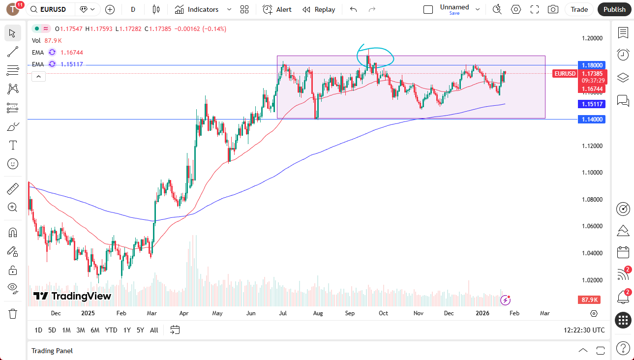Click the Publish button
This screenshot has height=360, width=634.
(x=614, y=9)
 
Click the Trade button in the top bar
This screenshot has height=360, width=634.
(x=579, y=9)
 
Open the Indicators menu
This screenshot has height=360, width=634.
(x=203, y=9)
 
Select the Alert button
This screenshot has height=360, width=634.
(x=277, y=9)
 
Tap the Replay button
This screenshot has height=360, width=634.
(x=319, y=9)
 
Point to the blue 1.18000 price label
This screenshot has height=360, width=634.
(x=592, y=65)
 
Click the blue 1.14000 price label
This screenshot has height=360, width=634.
(x=592, y=119)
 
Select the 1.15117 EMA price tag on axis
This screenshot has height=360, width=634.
(x=592, y=104)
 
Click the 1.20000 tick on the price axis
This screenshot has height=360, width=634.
(x=592, y=38)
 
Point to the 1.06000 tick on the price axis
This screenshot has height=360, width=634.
(x=592, y=226)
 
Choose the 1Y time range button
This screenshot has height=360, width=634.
(x=127, y=330)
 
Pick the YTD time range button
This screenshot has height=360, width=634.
(x=111, y=330)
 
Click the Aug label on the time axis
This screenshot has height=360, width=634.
(x=318, y=313)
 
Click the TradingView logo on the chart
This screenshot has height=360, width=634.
(x=72, y=296)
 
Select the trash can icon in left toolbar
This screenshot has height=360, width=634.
(x=13, y=313)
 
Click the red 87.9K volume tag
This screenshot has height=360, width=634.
(x=589, y=300)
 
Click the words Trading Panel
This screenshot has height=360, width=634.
(x=52, y=351)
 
